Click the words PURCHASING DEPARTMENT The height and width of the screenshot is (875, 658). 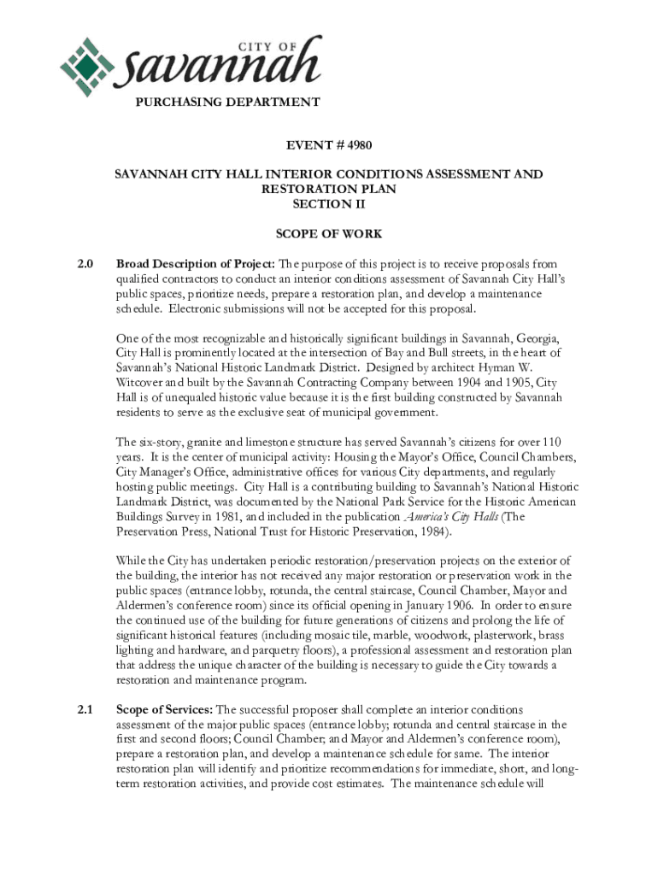pos(226,102)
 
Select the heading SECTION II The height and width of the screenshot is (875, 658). pos(328,204)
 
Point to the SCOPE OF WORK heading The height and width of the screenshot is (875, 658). pos(328,233)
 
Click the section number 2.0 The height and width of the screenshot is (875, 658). pos(85,263)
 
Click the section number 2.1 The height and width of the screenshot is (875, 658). pos(85,708)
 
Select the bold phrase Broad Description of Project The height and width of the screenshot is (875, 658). pos(192,263)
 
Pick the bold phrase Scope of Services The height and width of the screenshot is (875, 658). pos(164,708)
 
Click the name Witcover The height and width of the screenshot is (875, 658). pos(141,383)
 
